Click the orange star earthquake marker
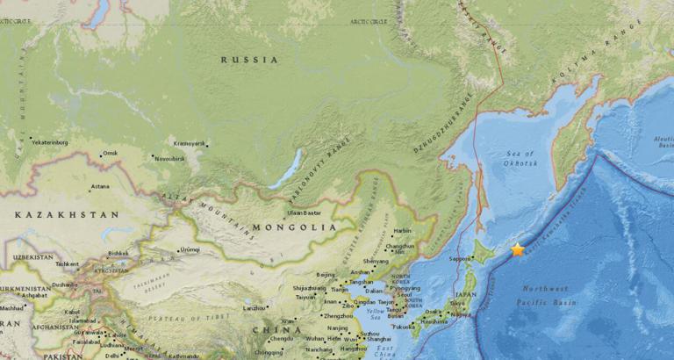pos(518,249)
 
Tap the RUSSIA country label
pos(249,60)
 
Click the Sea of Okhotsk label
pos(520,158)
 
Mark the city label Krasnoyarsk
pos(190,143)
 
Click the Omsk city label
pos(110,154)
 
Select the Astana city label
pos(100,186)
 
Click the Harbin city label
pos(403,231)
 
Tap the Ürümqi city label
pos(190,249)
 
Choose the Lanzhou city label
pos(255,308)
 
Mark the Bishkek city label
pos(118,254)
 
